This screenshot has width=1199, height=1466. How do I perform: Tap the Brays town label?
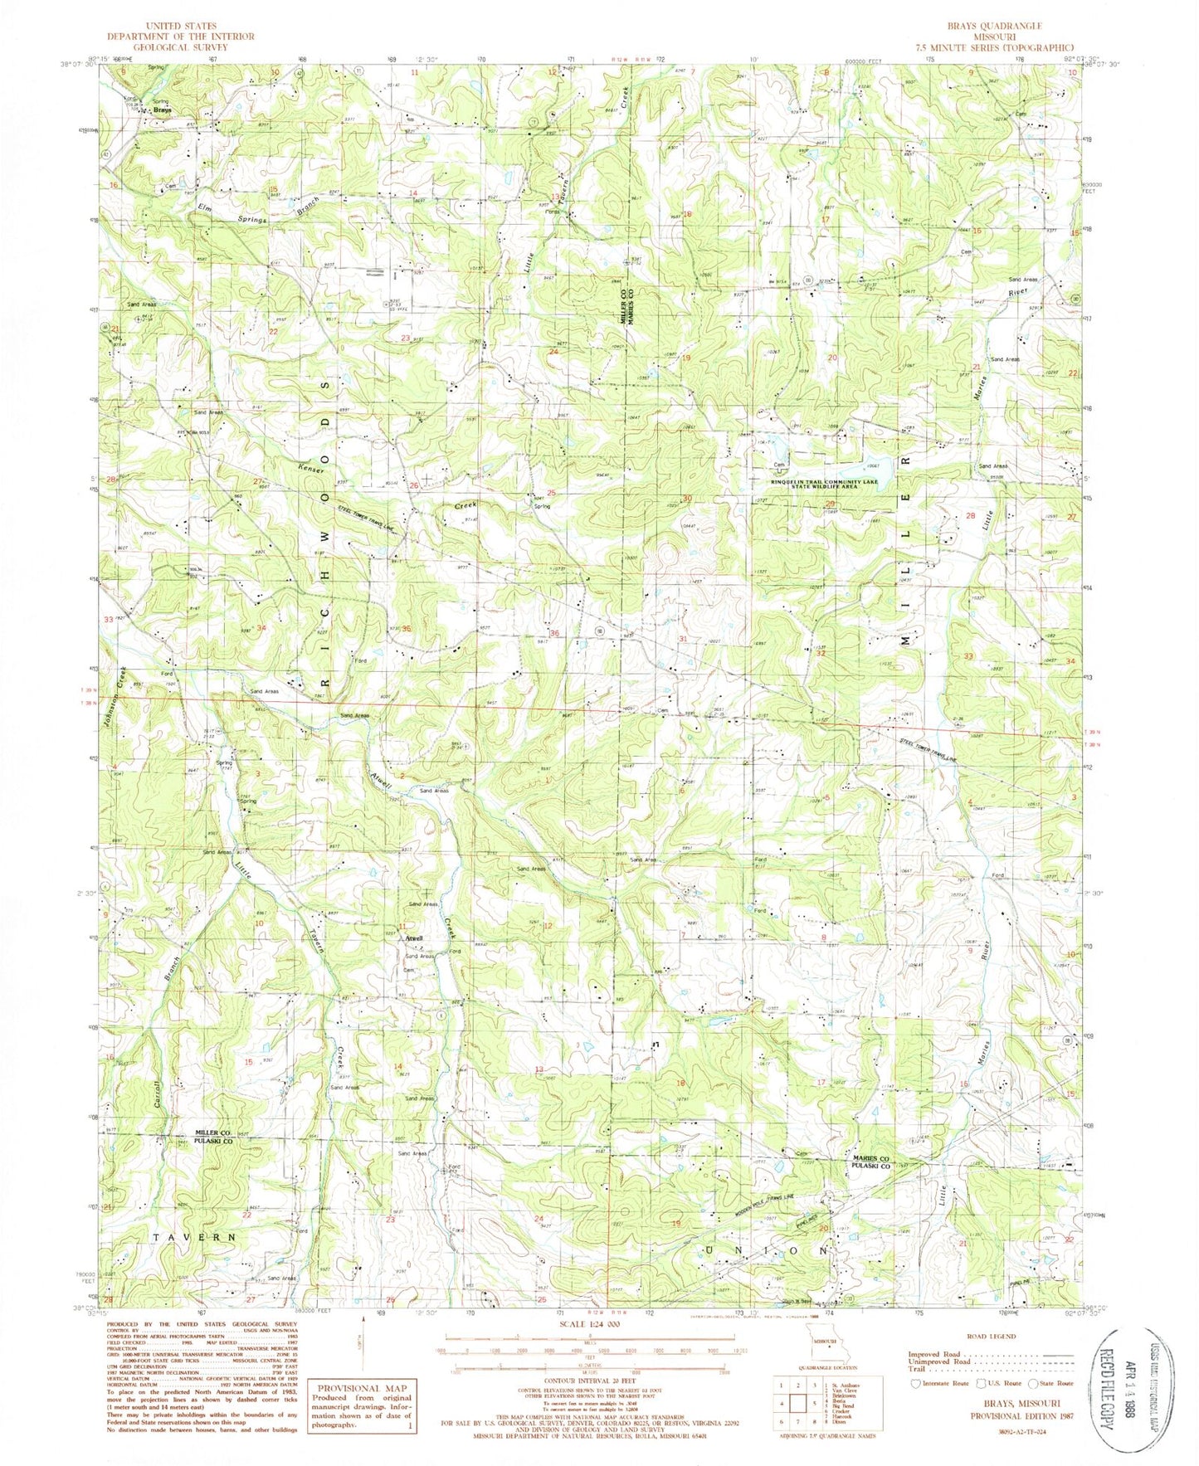click(163, 110)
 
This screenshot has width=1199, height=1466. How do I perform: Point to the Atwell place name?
click(413, 938)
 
